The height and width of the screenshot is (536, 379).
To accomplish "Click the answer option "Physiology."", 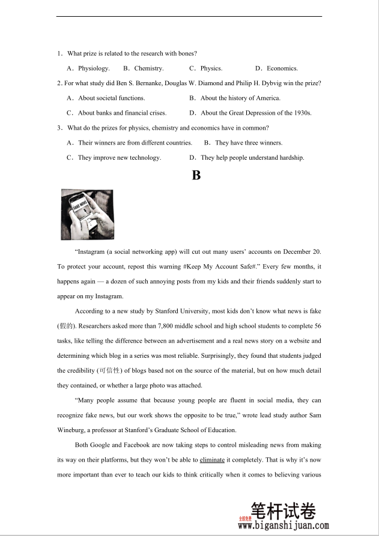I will (94, 68).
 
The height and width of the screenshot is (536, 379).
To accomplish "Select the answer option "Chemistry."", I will (148, 68).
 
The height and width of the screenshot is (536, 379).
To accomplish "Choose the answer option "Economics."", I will (282, 68).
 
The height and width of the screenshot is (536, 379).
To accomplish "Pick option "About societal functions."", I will (111, 98).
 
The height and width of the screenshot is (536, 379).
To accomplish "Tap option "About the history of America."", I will (240, 98).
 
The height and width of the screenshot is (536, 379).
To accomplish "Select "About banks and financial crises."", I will (122, 113).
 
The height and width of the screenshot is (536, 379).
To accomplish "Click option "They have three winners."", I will (248, 143).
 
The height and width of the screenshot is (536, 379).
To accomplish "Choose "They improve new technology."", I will (119, 158).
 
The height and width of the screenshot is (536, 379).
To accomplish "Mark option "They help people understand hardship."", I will (252, 158).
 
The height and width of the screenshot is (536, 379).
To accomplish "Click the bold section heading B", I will (195, 175).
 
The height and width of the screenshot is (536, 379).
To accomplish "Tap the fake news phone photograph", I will (86, 214).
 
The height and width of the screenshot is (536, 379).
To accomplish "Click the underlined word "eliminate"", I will (212, 460).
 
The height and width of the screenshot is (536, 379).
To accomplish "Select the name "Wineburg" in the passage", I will (72, 430).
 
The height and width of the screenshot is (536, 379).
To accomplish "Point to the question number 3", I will (59, 128).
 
